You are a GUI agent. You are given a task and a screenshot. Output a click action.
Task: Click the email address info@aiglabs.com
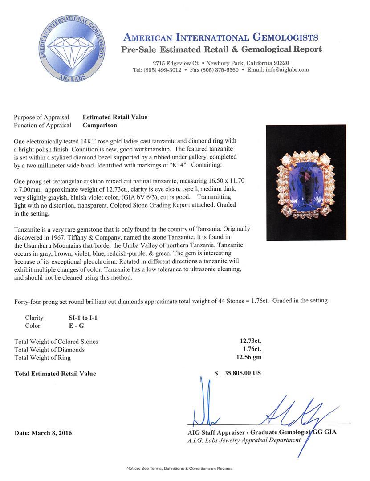[x=287, y=70]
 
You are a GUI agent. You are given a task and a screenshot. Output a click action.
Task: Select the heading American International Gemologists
[x=220, y=37]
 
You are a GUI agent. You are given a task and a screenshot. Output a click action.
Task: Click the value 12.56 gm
[x=248, y=358]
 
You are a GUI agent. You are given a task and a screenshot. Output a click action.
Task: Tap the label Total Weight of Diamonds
[x=49, y=350]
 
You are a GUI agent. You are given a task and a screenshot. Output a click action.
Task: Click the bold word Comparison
[x=100, y=125]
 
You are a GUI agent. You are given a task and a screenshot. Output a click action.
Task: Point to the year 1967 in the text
[x=66, y=237]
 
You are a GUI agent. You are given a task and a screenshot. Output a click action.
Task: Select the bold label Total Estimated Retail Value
[x=55, y=374]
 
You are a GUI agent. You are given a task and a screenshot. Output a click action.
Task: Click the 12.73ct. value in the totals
[x=251, y=342]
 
